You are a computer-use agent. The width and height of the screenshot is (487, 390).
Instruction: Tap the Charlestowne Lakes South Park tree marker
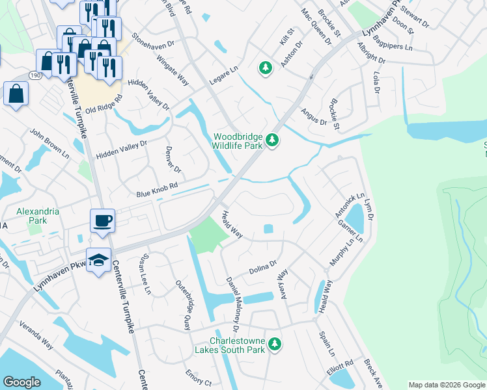tap(275, 343)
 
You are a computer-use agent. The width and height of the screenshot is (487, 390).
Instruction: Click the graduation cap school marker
tap(98, 261)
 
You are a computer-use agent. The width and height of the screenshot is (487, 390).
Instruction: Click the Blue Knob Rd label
tap(157, 190)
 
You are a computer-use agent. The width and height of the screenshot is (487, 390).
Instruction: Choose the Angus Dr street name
tap(313, 116)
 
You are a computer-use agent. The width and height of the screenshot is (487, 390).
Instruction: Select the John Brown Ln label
tap(49, 143)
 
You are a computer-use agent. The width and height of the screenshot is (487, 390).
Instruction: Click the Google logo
tap(21, 382)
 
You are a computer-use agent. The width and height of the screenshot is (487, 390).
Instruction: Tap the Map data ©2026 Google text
tap(447, 385)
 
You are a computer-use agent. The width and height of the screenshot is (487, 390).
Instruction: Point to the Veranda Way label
tap(36, 335)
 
